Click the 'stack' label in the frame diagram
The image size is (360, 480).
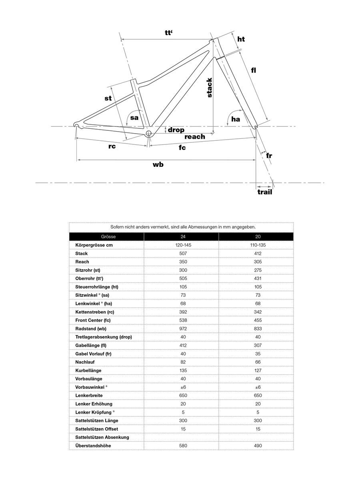(x=209, y=88)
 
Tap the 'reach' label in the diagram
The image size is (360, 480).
(x=195, y=137)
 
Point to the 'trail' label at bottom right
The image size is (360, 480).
(x=264, y=192)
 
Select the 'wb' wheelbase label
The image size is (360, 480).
(x=158, y=164)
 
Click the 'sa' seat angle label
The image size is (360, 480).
(x=134, y=118)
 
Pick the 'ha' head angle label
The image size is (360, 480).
(x=236, y=119)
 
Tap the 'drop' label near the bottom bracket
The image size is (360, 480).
(x=176, y=130)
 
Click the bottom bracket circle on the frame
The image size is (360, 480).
(x=149, y=133)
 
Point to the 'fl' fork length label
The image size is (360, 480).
(x=254, y=70)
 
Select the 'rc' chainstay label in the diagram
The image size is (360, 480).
(x=112, y=146)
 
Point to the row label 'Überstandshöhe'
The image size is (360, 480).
(x=93, y=446)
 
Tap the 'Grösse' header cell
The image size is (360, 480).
(x=108, y=237)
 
